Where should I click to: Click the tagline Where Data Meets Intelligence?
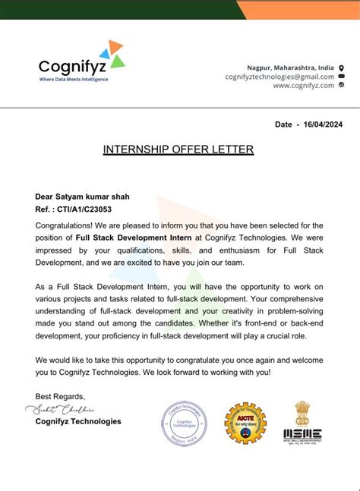74,79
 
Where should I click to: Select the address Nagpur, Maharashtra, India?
290,68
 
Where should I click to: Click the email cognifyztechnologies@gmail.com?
279,77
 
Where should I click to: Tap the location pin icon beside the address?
341,68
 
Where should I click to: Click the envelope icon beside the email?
341,77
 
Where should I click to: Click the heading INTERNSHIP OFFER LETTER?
178,150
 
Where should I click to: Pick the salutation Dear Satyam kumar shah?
82,197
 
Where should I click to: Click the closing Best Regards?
61,397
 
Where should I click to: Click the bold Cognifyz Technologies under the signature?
78,421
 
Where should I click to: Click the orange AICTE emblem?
245,423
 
